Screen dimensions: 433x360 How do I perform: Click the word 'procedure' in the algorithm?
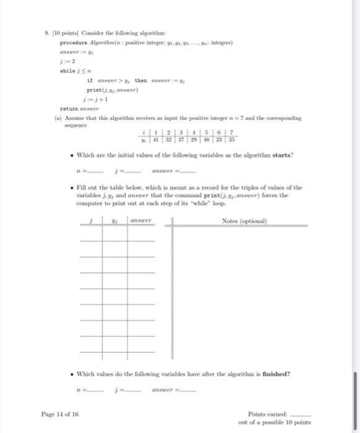coord(72,43)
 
